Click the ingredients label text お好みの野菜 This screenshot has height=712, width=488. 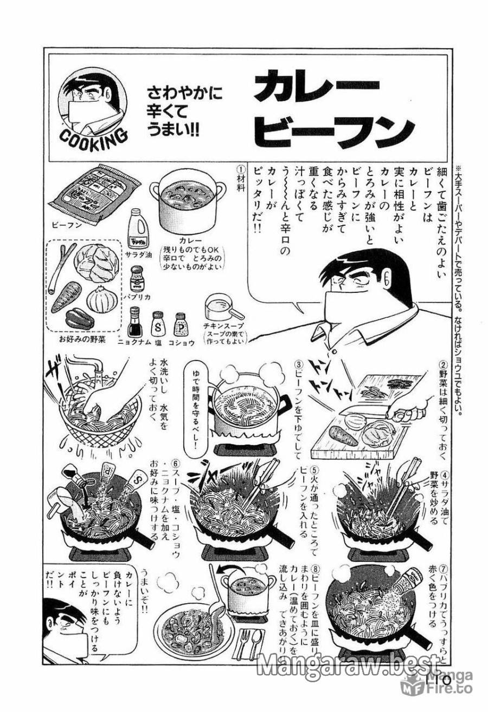82,339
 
